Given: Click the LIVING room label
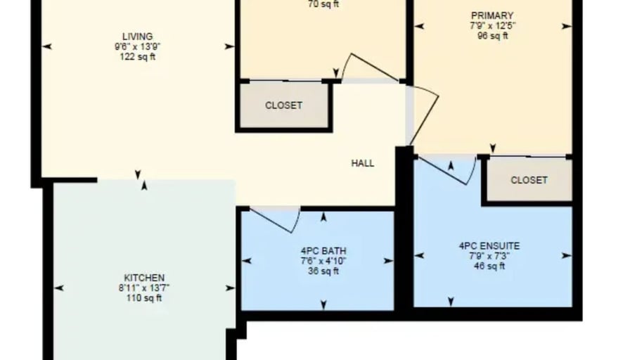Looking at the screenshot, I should click(x=137, y=37).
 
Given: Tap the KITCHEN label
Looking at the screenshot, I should click(x=144, y=278).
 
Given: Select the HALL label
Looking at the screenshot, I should click(x=363, y=163).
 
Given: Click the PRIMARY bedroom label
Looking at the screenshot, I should click(x=492, y=15).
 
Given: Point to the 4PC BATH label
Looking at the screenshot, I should click(x=323, y=251).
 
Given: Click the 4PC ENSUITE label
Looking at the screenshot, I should click(x=489, y=246).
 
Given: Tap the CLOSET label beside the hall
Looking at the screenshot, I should click(x=283, y=105).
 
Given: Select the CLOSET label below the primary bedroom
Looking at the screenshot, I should click(x=529, y=180).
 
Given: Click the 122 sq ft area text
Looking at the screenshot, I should click(x=137, y=57).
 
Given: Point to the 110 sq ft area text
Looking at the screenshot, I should click(x=144, y=297).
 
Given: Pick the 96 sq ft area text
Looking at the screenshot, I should click(x=492, y=34).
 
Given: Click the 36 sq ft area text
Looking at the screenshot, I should click(x=323, y=270).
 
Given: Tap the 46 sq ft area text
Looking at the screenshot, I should click(x=489, y=266).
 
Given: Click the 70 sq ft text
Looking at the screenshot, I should click(x=323, y=4).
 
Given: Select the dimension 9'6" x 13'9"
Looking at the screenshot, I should click(x=137, y=47).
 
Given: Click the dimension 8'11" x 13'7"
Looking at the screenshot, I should click(x=144, y=288).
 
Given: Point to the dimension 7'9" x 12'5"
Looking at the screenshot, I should click(x=492, y=25).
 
